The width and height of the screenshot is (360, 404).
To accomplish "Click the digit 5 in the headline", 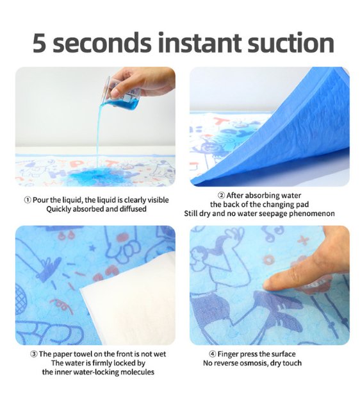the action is (39, 42).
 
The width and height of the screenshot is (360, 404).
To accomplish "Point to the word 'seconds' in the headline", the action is (102, 42).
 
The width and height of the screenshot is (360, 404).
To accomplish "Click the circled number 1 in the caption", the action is (28, 200).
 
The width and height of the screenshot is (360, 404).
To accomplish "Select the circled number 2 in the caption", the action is (221, 196).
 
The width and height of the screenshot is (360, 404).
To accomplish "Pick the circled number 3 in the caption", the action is (34, 354).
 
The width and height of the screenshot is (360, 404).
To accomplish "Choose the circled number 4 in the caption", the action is (213, 354).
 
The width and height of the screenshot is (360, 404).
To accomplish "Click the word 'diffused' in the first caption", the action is (133, 209).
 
